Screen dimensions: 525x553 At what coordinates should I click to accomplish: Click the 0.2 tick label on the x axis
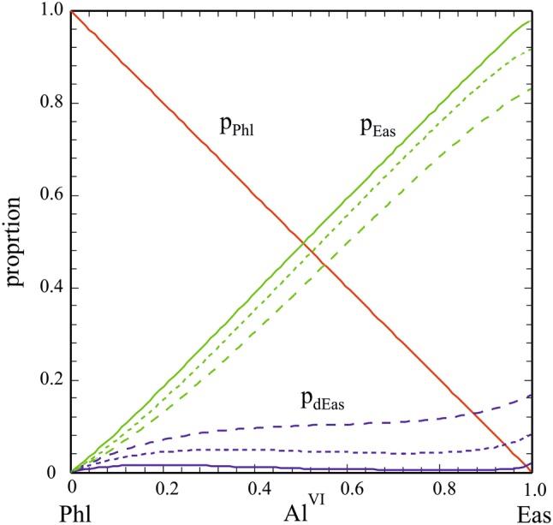click(x=164, y=487)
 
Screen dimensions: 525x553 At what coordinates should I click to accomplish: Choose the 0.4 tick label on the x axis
click(x=256, y=487)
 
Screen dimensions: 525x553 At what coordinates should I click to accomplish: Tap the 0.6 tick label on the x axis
click(x=348, y=487)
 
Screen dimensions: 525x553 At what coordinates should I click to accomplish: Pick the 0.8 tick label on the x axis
click(x=441, y=487)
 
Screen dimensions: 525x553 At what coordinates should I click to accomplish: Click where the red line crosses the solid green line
click(x=301, y=243)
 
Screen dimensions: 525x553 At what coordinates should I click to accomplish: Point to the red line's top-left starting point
click(x=72, y=12)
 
